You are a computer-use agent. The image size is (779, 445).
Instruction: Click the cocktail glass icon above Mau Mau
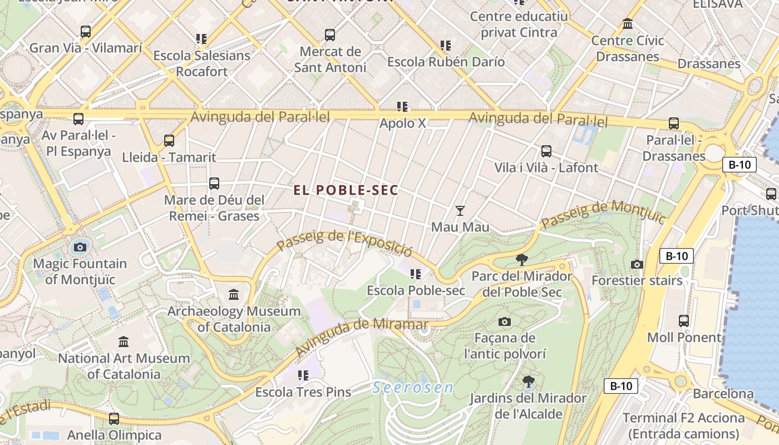460,210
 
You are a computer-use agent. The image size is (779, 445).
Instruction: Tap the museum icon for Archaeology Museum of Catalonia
234,294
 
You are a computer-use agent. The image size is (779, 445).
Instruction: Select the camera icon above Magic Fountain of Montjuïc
80,247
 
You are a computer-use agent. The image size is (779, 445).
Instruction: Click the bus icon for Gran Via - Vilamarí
85,32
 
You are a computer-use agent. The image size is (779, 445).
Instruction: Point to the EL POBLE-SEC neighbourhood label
346,190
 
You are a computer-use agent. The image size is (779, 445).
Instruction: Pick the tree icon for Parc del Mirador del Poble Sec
522,259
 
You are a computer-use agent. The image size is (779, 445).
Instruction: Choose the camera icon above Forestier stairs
637,264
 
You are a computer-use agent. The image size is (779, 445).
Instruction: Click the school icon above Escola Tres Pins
303,375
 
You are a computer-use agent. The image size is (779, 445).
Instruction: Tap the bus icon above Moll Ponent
684,321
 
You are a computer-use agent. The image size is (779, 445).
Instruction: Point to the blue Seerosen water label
413,388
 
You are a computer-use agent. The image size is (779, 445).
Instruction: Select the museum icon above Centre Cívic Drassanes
628,24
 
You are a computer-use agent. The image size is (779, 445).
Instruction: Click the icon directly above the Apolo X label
402,106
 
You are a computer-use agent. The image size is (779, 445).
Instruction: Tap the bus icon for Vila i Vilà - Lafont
546,151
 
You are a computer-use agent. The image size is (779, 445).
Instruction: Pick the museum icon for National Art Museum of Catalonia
124,342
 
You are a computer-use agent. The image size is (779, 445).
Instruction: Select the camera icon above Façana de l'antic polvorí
505,322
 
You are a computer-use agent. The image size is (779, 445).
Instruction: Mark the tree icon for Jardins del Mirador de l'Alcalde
529,382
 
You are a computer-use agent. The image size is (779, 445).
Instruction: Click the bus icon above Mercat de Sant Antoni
330,35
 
